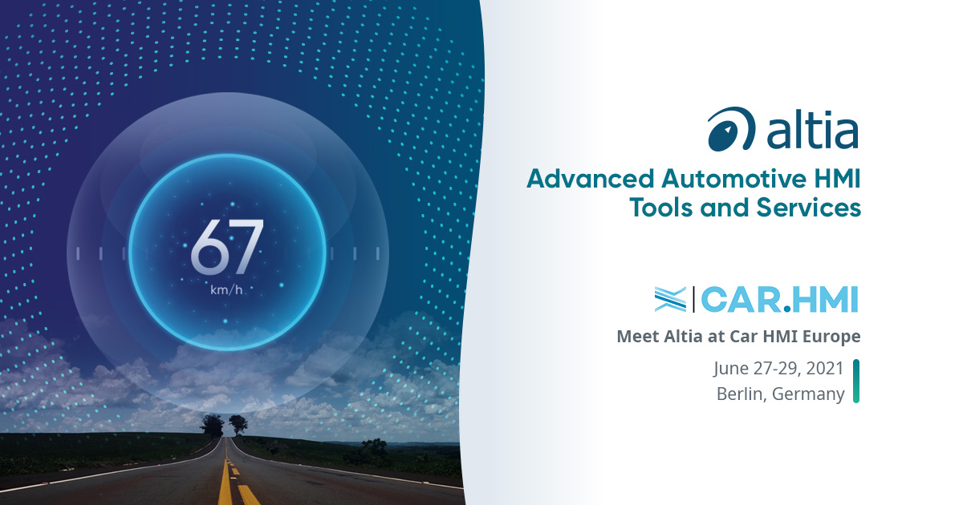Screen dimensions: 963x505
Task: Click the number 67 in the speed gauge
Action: [226, 247]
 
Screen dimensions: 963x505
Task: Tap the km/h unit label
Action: [226, 290]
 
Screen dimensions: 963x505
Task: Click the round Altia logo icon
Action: [731, 129]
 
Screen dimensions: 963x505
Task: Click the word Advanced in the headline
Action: [591, 179]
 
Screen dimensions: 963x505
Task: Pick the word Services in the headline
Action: [809, 208]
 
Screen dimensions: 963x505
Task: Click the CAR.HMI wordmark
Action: [780, 299]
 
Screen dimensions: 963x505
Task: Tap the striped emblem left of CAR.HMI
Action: [670, 299]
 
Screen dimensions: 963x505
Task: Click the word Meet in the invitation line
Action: [638, 336]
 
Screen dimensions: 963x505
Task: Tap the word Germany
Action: [808, 394]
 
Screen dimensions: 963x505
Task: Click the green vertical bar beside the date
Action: [856, 381]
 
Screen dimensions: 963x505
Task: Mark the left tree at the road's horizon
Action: [212, 424]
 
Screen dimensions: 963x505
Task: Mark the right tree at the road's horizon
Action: [238, 424]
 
